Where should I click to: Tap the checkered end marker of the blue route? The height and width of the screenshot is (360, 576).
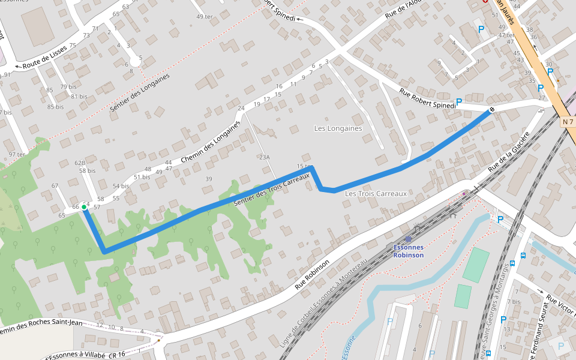(491, 109)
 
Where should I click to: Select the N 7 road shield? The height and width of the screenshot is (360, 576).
(568, 122)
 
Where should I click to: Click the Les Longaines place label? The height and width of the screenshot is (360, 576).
(338, 128)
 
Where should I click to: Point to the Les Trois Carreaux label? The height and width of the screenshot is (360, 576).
(376, 194)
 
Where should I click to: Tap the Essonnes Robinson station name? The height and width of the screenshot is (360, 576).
(408, 251)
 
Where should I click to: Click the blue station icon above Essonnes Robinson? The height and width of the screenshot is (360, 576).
(408, 239)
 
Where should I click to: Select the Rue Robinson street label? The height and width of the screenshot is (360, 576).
(312, 275)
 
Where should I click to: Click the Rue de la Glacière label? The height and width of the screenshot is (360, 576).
(509, 152)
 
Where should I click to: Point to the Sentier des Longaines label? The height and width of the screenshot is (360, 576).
(140, 93)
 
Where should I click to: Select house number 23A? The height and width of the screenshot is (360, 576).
(265, 157)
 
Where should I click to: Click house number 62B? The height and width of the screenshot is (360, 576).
(80, 163)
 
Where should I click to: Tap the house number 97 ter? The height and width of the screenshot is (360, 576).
(17, 154)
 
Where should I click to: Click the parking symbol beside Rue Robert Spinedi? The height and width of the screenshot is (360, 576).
(459, 102)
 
